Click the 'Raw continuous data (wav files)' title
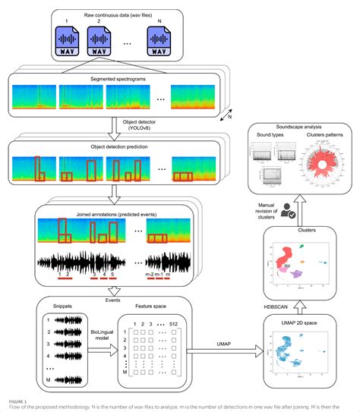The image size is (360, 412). pos(112,14)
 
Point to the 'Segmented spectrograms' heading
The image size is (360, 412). pos(112,77)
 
